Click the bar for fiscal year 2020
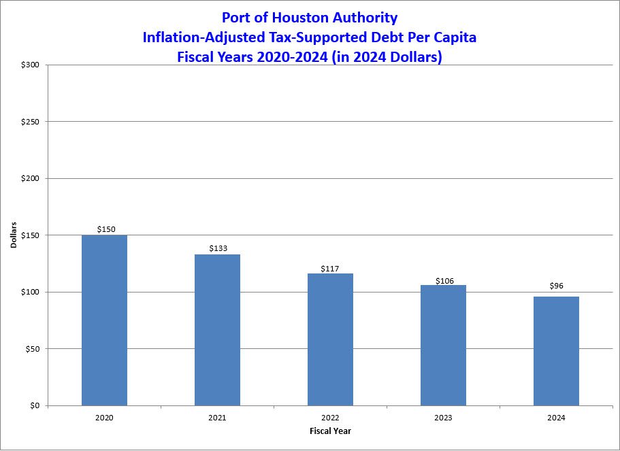104,320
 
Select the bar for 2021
217,330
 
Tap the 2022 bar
330,339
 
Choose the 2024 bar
556,351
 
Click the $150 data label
106,229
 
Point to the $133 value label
218,248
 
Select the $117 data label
331,267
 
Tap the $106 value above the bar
444,280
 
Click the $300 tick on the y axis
30,65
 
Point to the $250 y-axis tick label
30,122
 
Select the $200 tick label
30,179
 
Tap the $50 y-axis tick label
32,349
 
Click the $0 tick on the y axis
34,406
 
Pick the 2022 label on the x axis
330,418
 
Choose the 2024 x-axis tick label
556,418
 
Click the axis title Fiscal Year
330,431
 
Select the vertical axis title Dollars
14,235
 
